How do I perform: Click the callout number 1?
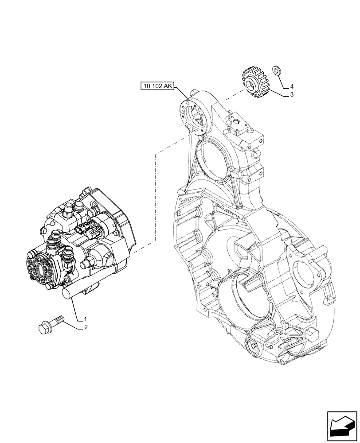(x=85, y=319)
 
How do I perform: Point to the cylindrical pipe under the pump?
(x=71, y=292)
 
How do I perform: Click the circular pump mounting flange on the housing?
(x=193, y=117)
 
